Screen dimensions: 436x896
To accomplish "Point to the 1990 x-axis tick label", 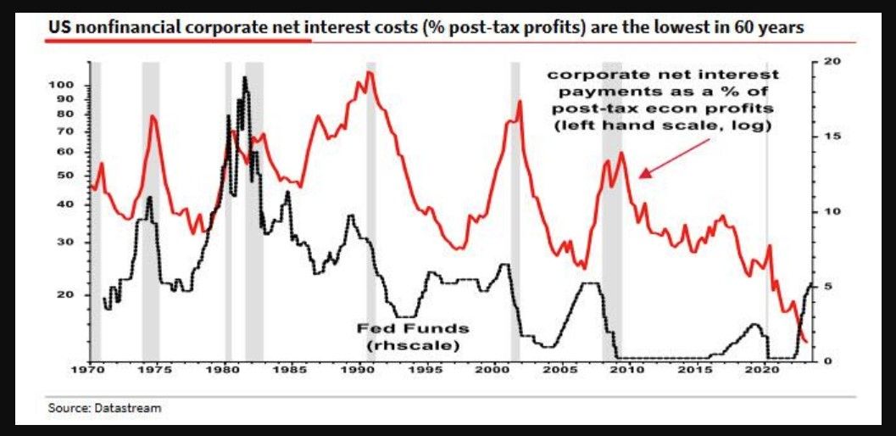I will (x=359, y=371).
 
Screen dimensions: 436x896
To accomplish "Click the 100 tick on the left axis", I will (x=64, y=86).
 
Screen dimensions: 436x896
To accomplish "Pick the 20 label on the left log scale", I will (x=69, y=294).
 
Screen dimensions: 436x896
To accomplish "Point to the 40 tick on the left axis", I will (x=69, y=204).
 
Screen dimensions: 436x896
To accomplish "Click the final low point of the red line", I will (x=805, y=342).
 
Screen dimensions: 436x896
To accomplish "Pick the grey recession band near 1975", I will (x=150, y=212).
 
